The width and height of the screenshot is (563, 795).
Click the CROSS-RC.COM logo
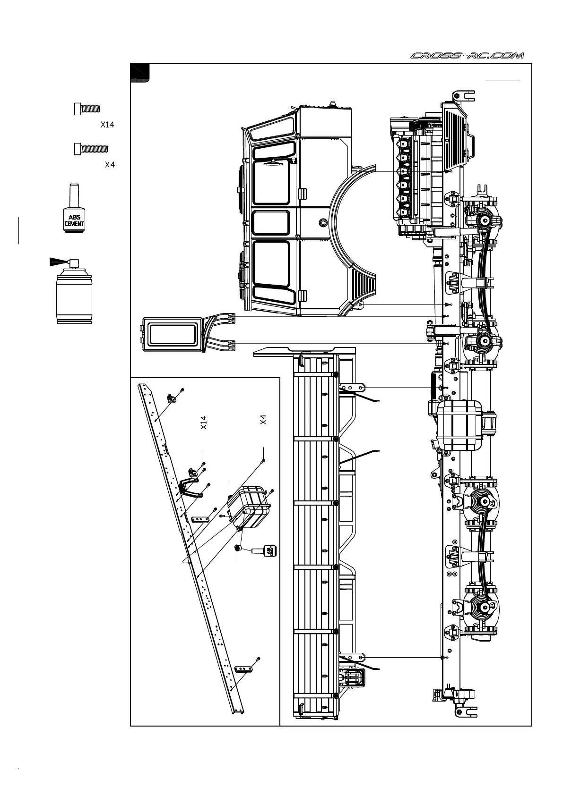(467, 56)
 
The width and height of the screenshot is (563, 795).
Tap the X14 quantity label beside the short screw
(107, 125)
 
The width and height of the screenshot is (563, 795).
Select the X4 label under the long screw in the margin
(110, 165)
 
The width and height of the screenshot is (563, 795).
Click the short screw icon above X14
(87, 109)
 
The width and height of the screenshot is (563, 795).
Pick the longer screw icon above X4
(90, 149)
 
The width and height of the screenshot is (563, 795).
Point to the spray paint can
(74, 293)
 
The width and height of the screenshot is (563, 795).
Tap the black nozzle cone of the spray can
(57, 261)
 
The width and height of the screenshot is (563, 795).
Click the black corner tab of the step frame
(140, 72)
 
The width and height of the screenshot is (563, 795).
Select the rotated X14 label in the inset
(204, 423)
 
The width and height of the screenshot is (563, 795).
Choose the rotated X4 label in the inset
(263, 419)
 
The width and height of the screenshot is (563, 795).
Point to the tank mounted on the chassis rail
(459, 426)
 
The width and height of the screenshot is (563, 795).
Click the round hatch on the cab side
(323, 222)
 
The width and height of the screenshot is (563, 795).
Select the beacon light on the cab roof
(334, 104)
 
